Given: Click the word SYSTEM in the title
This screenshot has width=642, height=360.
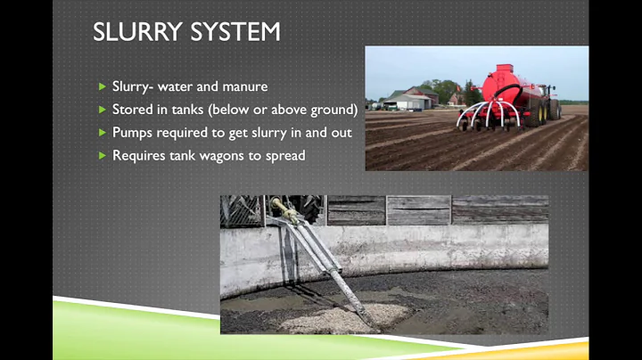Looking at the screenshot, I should pos(235,32).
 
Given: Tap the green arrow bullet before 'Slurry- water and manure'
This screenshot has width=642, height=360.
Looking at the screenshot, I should pos(102,86).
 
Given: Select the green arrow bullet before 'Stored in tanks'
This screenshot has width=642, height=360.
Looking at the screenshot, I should pos(102,110).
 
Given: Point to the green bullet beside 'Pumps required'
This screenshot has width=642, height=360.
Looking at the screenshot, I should pos(102,133).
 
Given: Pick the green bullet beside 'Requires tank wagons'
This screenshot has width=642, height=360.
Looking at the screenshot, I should pos(102,156).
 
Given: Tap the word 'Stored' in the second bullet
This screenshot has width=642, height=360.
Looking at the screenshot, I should pos(132,110).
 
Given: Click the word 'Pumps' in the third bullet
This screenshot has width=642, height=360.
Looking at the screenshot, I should pos(132,133).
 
